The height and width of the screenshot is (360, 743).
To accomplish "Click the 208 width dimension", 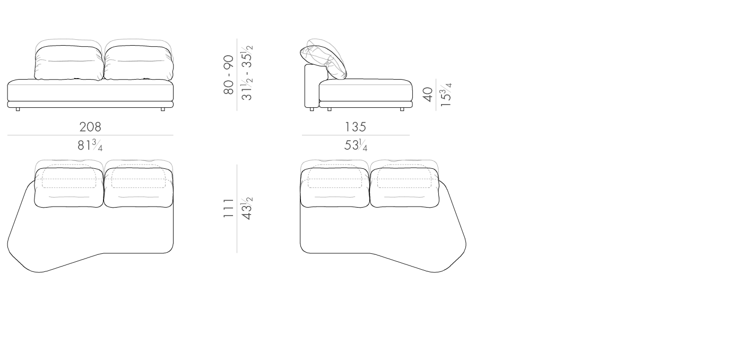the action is coord(90,127).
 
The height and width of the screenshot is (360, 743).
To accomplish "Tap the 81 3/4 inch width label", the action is coord(90,145).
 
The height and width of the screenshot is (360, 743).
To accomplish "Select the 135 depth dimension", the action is coord(355,127).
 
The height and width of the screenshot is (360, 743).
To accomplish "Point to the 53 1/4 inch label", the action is coord(356,145).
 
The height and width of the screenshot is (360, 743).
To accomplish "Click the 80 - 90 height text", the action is coord(229,75).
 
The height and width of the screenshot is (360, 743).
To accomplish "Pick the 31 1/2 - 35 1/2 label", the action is coord(247,72).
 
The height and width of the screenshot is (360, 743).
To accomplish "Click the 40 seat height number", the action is coord(428,94).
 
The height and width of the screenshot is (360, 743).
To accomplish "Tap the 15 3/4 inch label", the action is coord(446,95).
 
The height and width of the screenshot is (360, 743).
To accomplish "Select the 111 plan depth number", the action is coord(229,208).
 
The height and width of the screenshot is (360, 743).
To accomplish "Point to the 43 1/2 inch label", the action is coord(247,208).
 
